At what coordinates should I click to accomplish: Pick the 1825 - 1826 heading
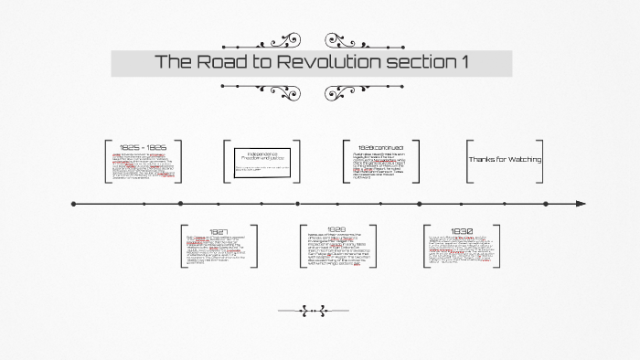click(142, 146)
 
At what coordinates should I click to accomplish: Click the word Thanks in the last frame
click(481, 159)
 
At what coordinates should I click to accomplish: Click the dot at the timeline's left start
click(72, 203)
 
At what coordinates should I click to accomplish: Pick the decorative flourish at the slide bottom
click(313, 311)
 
